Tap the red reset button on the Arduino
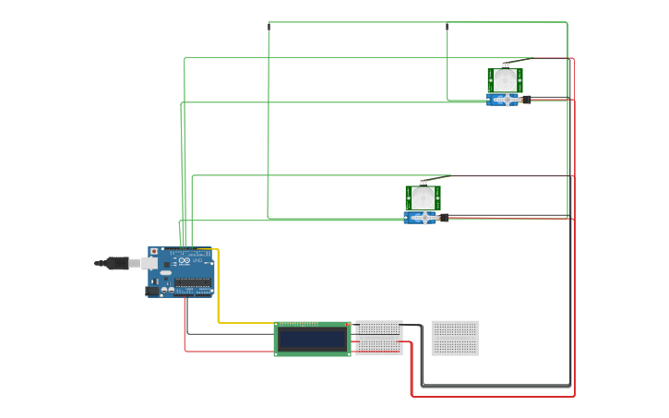click(153, 251)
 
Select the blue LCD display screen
click(313, 339)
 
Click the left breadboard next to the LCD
click(379, 338)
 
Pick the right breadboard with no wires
click(455, 338)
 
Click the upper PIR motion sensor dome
click(504, 81)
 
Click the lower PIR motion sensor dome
click(423, 198)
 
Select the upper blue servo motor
click(504, 100)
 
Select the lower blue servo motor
click(422, 218)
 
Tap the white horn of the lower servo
click(424, 218)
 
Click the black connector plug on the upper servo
click(526, 99)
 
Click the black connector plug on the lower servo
click(444, 218)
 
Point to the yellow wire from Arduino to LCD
click(218, 295)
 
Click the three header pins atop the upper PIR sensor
click(504, 66)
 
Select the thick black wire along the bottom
click(498, 385)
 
